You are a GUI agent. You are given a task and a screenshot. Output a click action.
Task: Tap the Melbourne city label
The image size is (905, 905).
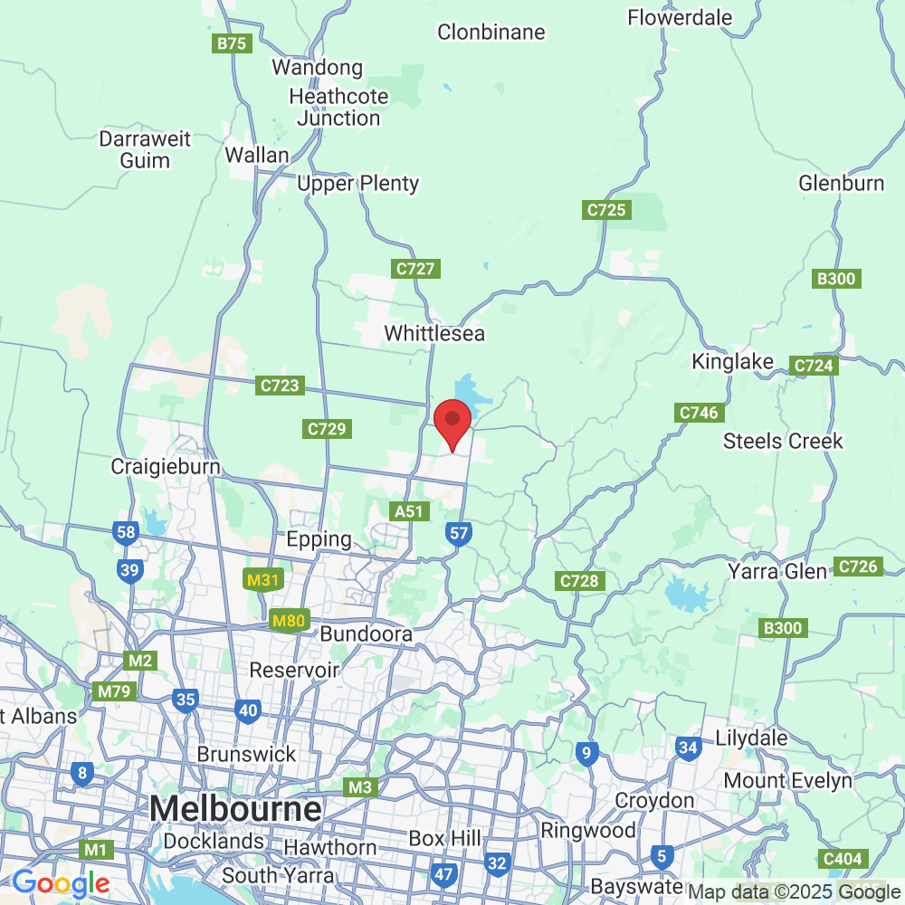[235, 808]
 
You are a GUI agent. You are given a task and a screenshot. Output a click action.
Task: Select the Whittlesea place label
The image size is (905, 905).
[434, 333]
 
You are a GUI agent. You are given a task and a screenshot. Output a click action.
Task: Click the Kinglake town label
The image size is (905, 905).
[733, 362]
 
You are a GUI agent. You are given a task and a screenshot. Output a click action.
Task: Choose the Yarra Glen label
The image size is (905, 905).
[777, 572]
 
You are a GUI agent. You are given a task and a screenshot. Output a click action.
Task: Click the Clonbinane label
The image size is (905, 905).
[491, 33]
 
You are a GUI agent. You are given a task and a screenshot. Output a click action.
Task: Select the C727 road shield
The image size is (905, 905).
[416, 269]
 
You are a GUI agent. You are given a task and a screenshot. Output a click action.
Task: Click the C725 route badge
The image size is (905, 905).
[606, 210]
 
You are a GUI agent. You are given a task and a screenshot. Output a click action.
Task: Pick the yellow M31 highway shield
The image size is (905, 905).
[262, 580]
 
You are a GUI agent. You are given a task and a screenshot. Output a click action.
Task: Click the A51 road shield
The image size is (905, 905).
[409, 511]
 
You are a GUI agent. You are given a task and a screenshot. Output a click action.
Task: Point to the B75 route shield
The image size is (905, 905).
[232, 43]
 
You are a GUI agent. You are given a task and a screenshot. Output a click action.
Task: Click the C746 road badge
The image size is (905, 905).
[699, 413]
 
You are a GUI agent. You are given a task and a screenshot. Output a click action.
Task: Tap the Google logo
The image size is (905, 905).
[61, 883]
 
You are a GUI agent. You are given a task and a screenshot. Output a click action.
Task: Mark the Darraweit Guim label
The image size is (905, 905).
[145, 150]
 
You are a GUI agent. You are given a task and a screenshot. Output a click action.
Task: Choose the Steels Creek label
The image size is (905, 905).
[783, 441]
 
